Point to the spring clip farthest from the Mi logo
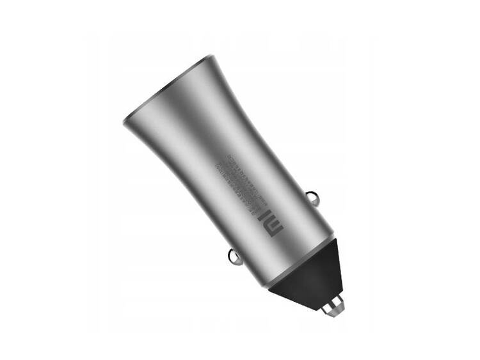pyautogui.click(x=234, y=257)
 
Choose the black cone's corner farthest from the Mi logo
pyautogui.click(x=269, y=285)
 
